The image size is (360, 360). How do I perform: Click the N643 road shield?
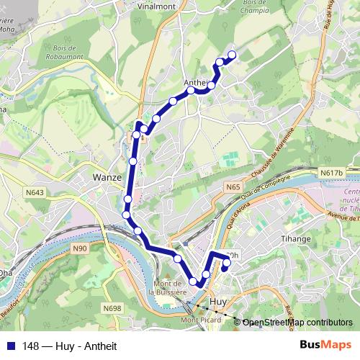coord(35,192)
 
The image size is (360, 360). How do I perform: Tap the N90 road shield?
coord(80,249)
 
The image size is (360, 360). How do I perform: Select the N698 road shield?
coord(112,309)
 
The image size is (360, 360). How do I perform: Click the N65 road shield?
coord(232,187)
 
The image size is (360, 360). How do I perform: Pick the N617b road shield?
coord(332,173)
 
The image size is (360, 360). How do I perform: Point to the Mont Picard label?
coord(198,320)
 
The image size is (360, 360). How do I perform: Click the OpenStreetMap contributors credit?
coord(297,323)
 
